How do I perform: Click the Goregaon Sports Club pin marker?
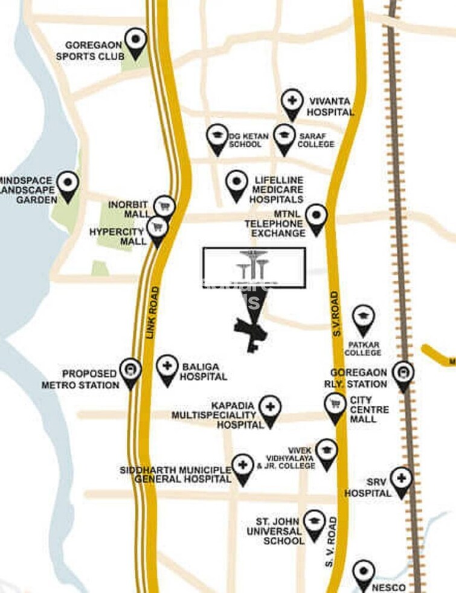[x=135, y=42]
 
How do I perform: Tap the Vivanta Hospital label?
[x=330, y=107]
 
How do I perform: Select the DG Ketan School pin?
[x=217, y=137]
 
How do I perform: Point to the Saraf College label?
[x=316, y=140]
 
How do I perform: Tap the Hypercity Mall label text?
[x=117, y=236]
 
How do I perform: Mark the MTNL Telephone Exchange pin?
[x=316, y=217]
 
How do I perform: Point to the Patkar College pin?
[x=363, y=318]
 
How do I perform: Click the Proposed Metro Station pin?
[x=130, y=370]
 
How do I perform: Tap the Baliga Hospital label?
[x=204, y=371]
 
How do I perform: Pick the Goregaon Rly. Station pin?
[x=402, y=373]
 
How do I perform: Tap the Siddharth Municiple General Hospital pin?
[x=242, y=467]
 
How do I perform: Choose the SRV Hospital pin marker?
[x=400, y=480]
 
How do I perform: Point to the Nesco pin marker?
[x=364, y=572]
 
